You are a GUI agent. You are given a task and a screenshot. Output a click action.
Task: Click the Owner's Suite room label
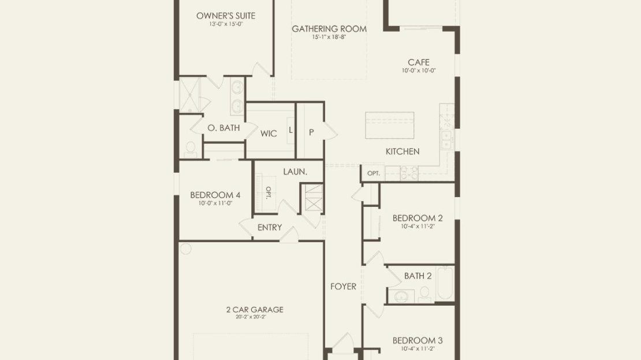226,16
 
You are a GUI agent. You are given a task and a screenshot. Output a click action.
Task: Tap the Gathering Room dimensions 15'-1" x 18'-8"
329,37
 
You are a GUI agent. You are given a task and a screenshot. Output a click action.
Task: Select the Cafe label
419,62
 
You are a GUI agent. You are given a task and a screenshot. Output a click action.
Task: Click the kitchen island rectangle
390,125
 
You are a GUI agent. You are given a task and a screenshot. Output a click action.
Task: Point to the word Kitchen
403,151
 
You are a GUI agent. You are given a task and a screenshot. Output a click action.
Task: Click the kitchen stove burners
409,173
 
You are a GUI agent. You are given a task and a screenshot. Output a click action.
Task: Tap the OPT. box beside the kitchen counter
373,173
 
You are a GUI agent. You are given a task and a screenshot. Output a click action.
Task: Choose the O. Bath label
223,128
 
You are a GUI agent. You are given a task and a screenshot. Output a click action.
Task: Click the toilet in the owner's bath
191,149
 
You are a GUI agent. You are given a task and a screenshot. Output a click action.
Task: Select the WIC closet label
269,133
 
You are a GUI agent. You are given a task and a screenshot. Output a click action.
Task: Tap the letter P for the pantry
311,132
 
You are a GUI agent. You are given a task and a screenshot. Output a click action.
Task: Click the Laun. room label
295,172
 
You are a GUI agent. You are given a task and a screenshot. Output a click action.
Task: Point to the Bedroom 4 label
215,195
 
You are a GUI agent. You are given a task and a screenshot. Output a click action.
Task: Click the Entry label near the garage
270,227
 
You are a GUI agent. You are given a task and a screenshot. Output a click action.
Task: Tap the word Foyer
344,287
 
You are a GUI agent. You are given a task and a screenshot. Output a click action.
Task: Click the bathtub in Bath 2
445,283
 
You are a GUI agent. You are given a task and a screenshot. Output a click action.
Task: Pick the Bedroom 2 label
418,218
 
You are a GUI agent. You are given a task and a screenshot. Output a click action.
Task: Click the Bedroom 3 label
418,340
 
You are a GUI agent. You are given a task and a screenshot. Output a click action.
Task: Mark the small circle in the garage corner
185,248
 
